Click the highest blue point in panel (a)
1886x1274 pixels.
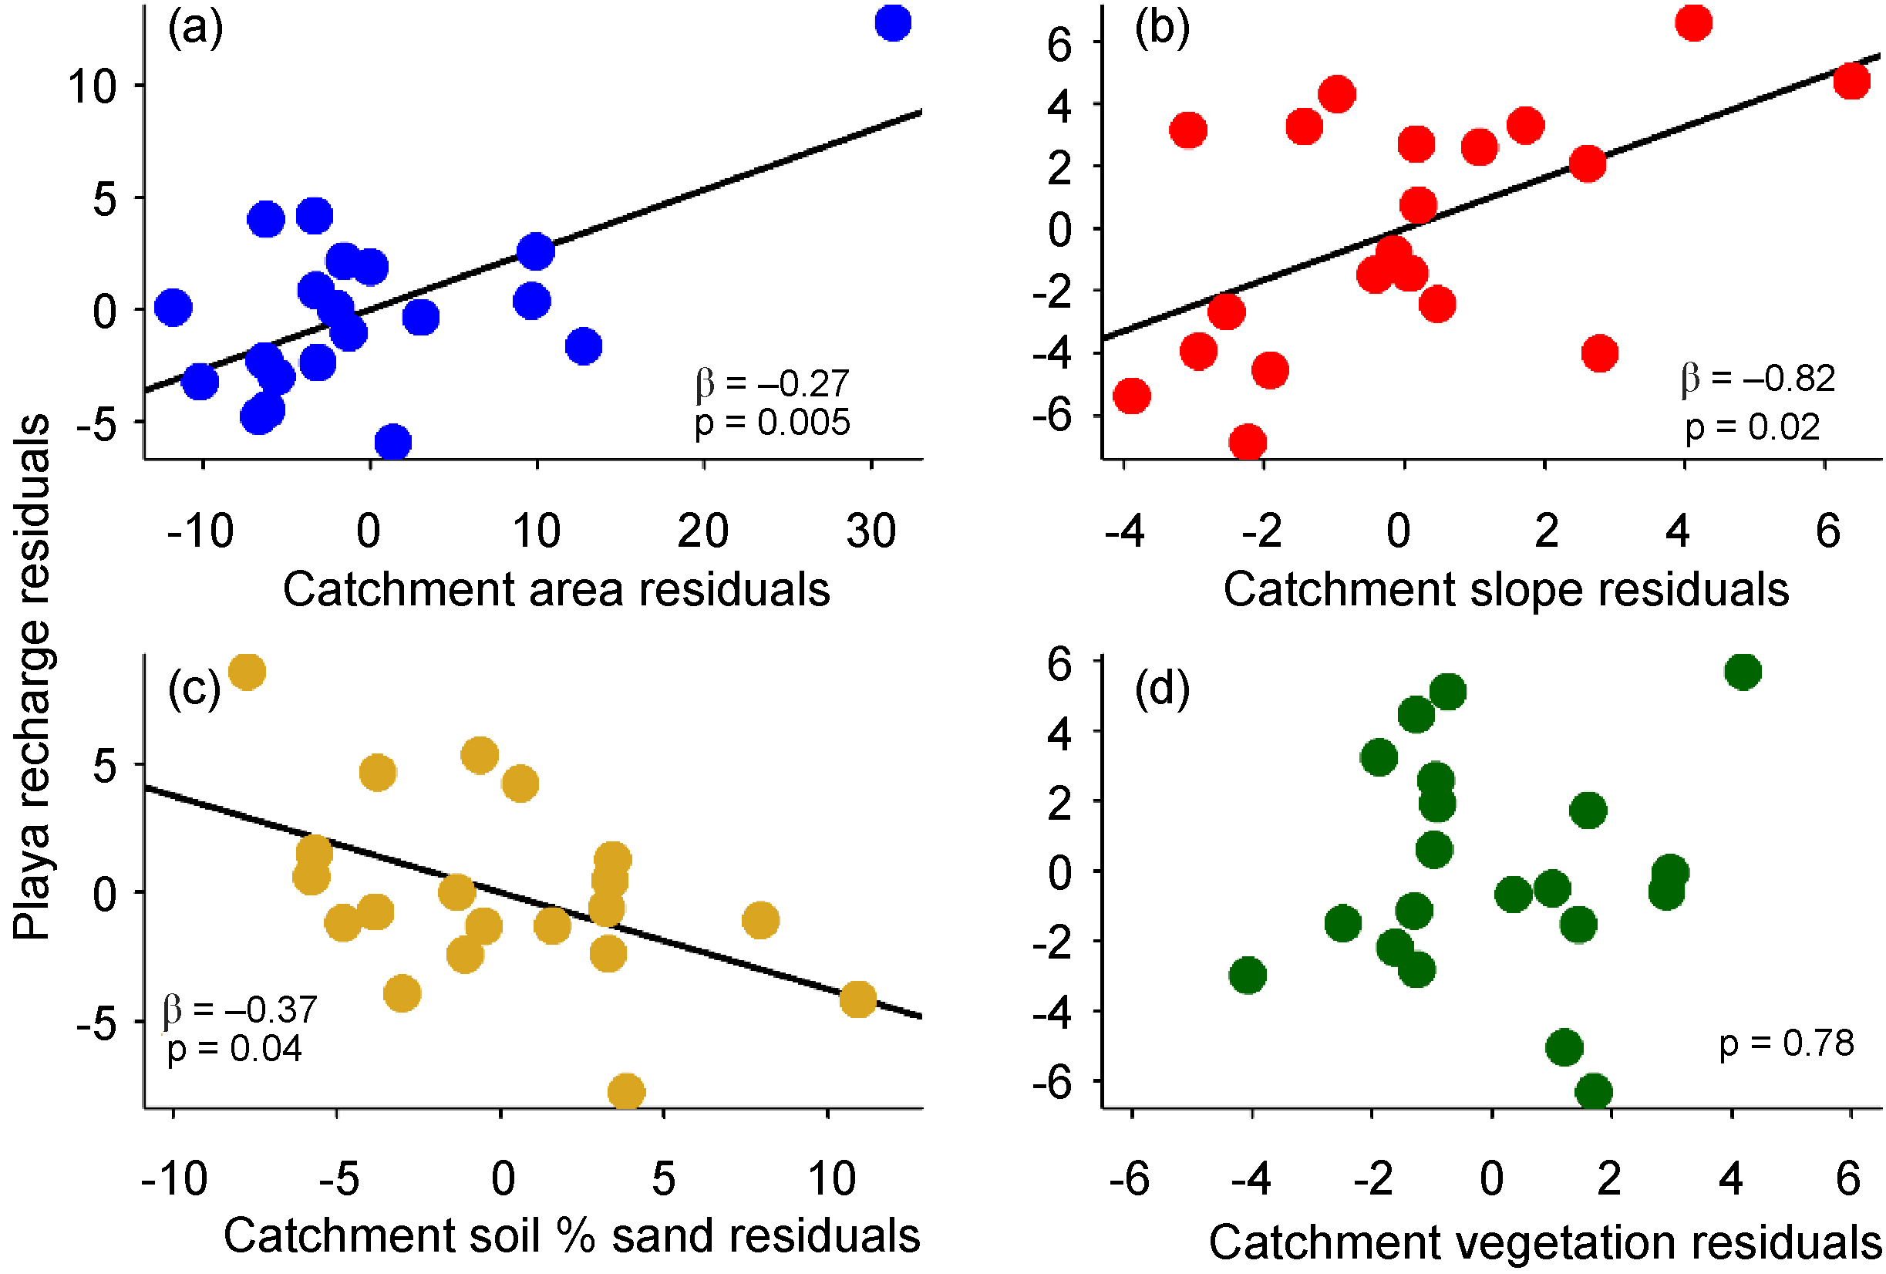click(893, 22)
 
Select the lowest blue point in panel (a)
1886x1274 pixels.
click(392, 442)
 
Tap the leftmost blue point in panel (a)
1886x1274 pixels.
click(172, 307)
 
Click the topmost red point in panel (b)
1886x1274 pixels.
click(1694, 22)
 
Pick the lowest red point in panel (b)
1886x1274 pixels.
click(1248, 442)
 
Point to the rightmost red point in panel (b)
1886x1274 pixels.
click(1852, 81)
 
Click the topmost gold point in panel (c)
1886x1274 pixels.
click(247, 671)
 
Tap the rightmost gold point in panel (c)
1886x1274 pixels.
click(857, 999)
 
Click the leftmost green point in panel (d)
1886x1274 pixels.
click(1248, 975)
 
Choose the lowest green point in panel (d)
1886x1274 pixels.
click(1594, 1091)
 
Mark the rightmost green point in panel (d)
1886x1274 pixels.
click(1743, 671)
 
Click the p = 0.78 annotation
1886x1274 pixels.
click(1787, 1043)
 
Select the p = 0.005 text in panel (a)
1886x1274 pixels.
click(772, 423)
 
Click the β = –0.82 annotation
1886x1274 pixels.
click(1758, 378)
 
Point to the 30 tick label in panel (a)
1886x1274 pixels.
click(871, 531)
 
